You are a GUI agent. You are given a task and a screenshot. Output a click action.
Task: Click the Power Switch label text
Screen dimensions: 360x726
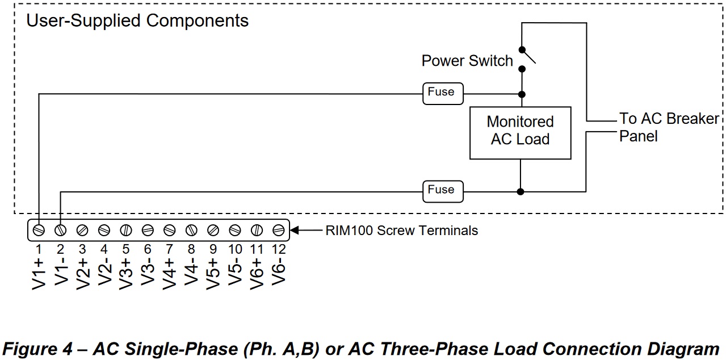pos(467,61)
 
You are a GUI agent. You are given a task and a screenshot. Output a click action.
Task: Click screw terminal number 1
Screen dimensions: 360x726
pos(39,230)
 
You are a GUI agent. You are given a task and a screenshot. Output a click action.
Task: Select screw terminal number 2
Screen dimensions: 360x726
pos(60,230)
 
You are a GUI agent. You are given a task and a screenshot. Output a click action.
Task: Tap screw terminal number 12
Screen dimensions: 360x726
pos(278,230)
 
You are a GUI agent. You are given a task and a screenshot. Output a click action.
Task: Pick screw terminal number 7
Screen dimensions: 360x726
pos(169,230)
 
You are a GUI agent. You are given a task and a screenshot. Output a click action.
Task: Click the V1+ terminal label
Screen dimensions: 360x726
pos(39,274)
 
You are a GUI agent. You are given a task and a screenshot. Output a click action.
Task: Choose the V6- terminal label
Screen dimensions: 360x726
pos(279,273)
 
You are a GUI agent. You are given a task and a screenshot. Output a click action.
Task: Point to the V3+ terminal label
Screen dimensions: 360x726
pos(126,274)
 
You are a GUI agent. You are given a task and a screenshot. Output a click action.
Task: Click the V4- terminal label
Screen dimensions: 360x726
pos(191,273)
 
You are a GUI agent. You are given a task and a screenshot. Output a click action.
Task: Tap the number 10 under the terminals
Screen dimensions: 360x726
pos(235,249)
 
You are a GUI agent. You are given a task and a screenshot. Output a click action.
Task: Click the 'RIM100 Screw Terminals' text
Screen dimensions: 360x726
pos(401,231)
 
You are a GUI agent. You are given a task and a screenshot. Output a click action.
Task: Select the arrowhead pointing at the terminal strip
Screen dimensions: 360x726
pos(295,230)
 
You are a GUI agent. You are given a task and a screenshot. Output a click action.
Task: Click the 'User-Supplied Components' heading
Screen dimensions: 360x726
pos(138,22)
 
